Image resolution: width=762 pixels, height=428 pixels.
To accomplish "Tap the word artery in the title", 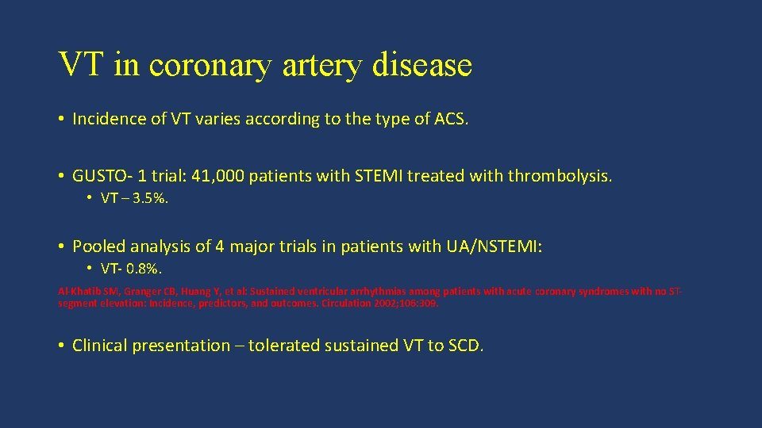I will point(321,64).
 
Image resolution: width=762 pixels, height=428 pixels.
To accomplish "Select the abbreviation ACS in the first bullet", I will point(451,119).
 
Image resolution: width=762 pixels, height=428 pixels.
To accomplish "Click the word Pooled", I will point(99,246).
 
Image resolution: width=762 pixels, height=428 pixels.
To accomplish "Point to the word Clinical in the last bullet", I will point(100,346).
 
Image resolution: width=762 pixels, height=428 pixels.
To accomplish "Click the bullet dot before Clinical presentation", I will point(61,346).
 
